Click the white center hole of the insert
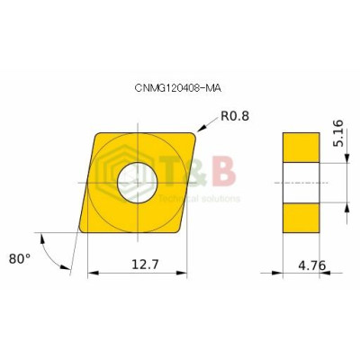tap(139, 183)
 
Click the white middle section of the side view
tap(301, 183)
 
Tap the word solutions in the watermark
tap(222, 197)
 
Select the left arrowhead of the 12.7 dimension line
tap(90, 273)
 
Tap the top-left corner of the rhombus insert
tap(98, 133)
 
